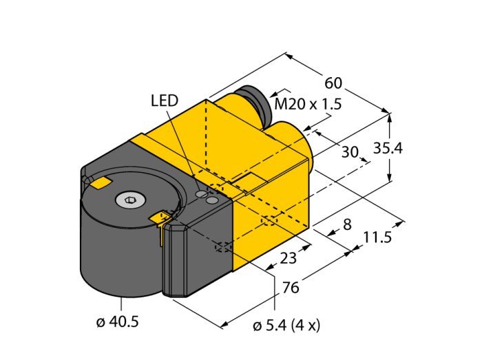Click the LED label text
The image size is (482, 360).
pyautogui.click(x=165, y=100)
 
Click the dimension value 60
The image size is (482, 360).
pyautogui.click(x=333, y=83)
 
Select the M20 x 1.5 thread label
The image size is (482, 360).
pyautogui.click(x=308, y=105)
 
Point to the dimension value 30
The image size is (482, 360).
pyautogui.click(x=350, y=152)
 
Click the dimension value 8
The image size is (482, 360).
pyautogui.click(x=346, y=224)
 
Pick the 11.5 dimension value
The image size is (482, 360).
pyautogui.click(x=377, y=237)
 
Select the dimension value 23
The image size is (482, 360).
pyautogui.click(x=289, y=259)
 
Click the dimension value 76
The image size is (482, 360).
pyautogui.click(x=291, y=288)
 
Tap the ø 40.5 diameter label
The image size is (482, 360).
pyautogui.click(x=117, y=321)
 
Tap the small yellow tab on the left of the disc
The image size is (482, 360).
pyautogui.click(x=101, y=182)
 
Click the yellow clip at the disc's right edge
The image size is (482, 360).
pyautogui.click(x=160, y=218)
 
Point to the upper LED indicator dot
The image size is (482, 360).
pyautogui.click(x=202, y=195)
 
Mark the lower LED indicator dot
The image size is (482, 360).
pyautogui.click(x=212, y=200)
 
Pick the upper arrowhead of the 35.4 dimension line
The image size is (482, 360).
pyautogui.click(x=390, y=116)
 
